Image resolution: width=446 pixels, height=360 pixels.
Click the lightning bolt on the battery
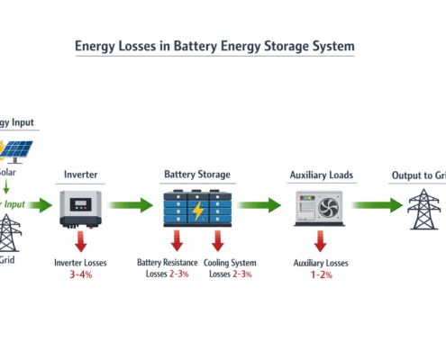click(196, 210)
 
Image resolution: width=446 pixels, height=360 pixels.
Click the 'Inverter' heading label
click(81, 175)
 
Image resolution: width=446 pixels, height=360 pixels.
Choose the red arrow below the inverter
click(81, 240)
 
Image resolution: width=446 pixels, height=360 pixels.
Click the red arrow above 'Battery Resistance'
click(177, 240)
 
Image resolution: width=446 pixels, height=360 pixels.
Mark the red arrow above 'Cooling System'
click(216, 240)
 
